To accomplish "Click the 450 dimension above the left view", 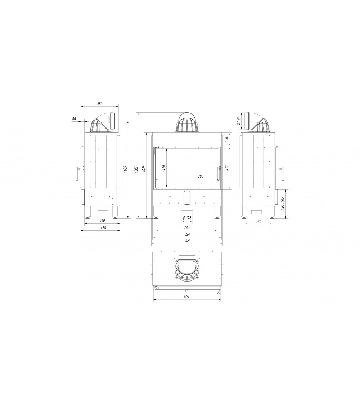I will pos(100,104).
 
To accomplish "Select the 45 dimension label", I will pos(74,118).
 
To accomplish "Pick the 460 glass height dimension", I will pos(164,168).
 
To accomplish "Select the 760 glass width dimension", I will pos(201,176).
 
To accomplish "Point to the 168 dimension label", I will pos(226,139).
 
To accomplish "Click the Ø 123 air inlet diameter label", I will pos(187,218).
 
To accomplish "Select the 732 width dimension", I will pos(186,228).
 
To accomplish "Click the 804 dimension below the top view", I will pos(186,297).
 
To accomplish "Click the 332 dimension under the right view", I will pos(258,221).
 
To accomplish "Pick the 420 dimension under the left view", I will pos(102,220).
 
